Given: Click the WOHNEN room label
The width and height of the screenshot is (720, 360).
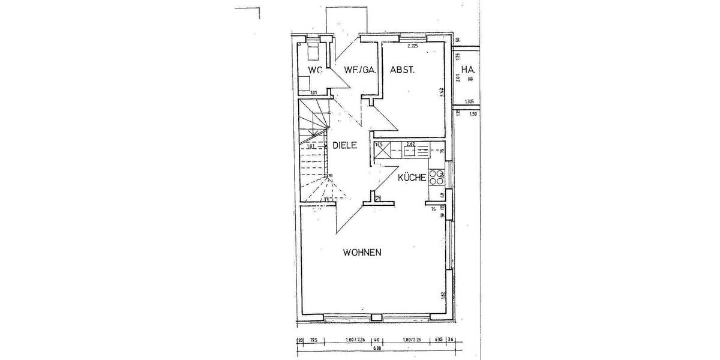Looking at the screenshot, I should [362, 253].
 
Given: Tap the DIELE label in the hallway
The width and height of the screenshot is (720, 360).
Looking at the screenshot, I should [345, 145].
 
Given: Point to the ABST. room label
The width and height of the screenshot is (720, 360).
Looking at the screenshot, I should [403, 70].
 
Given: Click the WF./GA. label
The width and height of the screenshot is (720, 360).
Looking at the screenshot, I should [360, 70].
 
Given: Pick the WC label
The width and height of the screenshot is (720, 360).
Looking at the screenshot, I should [315, 70].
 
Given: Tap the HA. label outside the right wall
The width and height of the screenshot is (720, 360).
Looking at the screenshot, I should [469, 70].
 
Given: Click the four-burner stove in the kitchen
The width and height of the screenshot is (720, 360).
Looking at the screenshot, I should [436, 177].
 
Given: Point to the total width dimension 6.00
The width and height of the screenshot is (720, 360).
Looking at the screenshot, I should [376, 348].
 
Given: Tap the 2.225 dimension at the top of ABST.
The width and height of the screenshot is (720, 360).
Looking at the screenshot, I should [412, 46].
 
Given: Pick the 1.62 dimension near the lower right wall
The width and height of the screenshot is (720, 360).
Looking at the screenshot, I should [442, 295].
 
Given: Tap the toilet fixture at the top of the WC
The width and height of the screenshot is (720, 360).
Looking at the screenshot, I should [313, 52].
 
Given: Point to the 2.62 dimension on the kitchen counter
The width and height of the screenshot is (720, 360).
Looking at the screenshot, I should [411, 144].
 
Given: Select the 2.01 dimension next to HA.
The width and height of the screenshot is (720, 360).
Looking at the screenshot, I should [457, 77].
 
